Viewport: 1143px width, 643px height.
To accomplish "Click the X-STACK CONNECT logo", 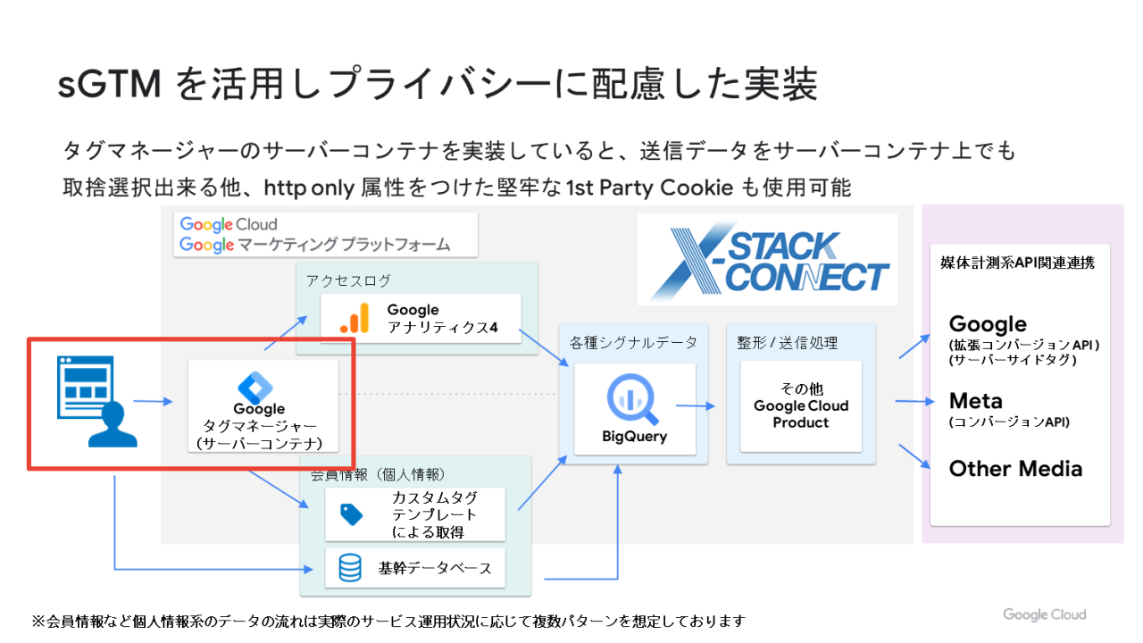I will pos(767,258).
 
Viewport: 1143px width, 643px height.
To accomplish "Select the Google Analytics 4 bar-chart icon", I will pos(355,319).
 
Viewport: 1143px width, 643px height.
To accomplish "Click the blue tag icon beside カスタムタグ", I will pos(351,514).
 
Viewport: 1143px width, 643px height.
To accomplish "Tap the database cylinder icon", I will pos(351,568).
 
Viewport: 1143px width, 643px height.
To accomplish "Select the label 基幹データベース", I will pos(434,568).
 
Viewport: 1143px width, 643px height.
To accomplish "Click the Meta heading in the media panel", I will pos(975,400).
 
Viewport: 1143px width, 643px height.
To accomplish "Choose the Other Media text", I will pos(1015,469).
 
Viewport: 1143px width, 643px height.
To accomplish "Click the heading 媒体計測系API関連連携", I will pos(1018,263).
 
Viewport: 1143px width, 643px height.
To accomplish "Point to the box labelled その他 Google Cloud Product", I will pos(801,406).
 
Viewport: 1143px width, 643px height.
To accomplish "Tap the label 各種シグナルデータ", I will pos(633,342).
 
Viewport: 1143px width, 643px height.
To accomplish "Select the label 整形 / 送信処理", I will pos(788,342).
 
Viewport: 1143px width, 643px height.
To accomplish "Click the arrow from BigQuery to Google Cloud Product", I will pos(696,406).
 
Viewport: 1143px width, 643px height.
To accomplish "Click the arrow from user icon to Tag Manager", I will pos(153,402).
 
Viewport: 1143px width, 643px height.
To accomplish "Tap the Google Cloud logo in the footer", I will pos(1044,614).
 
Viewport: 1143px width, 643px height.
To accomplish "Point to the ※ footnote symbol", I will pos(38,621).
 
